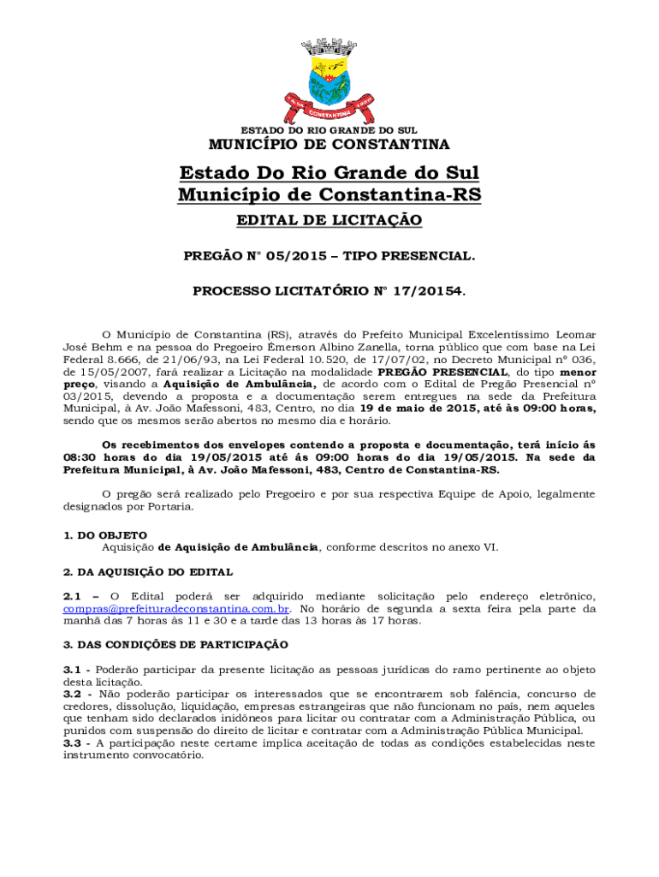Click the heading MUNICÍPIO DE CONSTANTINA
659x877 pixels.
(329, 144)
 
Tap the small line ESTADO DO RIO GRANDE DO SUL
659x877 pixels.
(329, 130)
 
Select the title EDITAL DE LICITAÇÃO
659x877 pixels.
(329, 221)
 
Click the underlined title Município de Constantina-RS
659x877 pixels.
(329, 195)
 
